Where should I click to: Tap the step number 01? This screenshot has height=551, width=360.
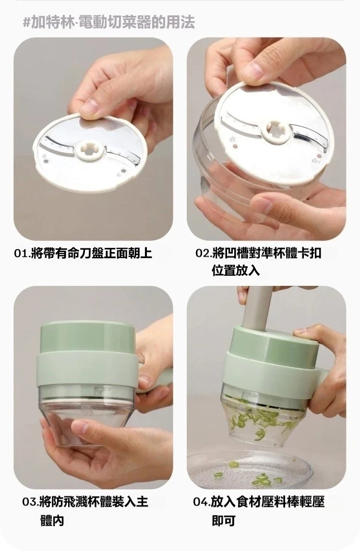coord(21,253)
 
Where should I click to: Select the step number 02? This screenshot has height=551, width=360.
coord(203,253)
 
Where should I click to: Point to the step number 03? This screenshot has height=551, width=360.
coord(31,502)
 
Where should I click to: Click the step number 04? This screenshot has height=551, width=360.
coord(202,502)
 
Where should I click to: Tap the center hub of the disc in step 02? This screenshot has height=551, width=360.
coord(277,132)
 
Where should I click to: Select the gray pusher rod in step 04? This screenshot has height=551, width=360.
coord(258,307)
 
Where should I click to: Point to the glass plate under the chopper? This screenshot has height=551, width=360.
coord(250,469)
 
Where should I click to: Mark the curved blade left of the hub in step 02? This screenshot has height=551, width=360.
coord(242,123)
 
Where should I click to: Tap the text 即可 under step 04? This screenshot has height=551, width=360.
coord(223,520)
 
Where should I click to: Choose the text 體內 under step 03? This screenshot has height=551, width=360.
coord(52,520)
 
